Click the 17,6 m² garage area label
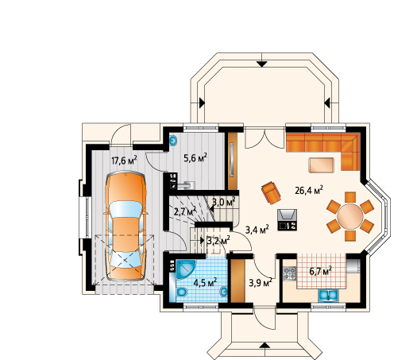(x=124, y=161)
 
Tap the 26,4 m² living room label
(x=309, y=190)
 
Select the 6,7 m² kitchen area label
(x=320, y=271)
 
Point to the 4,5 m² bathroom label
(x=205, y=282)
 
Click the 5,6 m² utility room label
(x=195, y=158)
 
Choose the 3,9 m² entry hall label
(x=261, y=283)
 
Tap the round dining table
(x=350, y=217)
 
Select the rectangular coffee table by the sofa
(x=321, y=165)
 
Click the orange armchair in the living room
(x=271, y=192)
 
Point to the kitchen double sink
(x=329, y=296)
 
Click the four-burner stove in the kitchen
(x=290, y=273)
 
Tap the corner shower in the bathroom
(x=186, y=269)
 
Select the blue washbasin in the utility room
(x=173, y=141)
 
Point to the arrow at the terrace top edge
(x=262, y=64)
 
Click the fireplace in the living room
(x=288, y=219)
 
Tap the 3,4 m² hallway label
(x=257, y=229)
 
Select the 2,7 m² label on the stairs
(x=185, y=211)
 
